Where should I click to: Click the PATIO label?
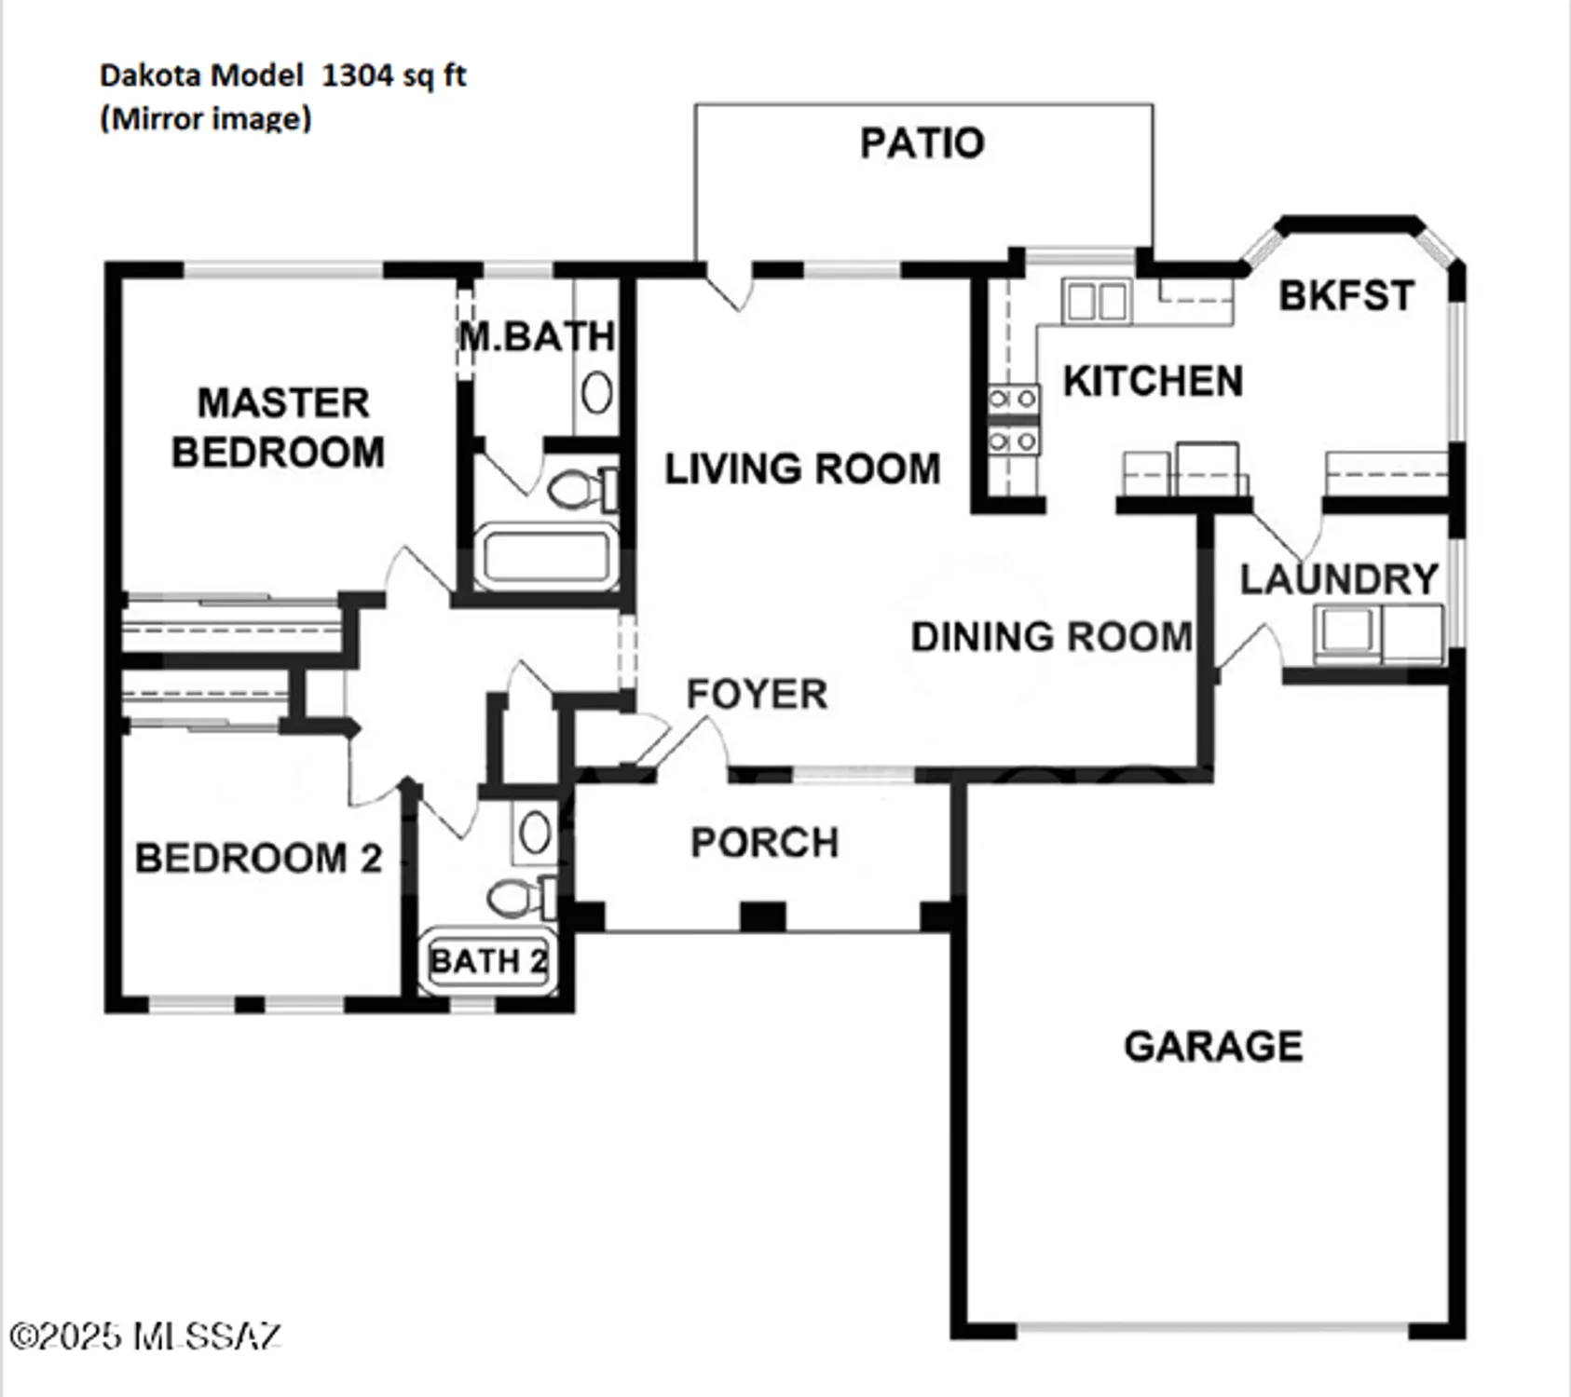point(922,143)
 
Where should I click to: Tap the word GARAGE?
point(1212,1046)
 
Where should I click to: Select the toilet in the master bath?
point(578,489)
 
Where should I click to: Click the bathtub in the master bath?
point(546,558)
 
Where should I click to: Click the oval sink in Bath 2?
point(535,833)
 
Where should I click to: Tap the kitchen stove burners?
point(1013,419)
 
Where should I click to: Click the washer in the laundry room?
point(1345,631)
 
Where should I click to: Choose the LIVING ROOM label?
point(802,468)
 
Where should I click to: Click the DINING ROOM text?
point(1051,637)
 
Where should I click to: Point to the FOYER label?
point(757,694)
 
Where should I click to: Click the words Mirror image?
point(206,119)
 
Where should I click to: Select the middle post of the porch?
point(762,916)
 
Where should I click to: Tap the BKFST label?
point(1346,295)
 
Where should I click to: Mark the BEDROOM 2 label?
point(258,858)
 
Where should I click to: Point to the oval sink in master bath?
point(596,392)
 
